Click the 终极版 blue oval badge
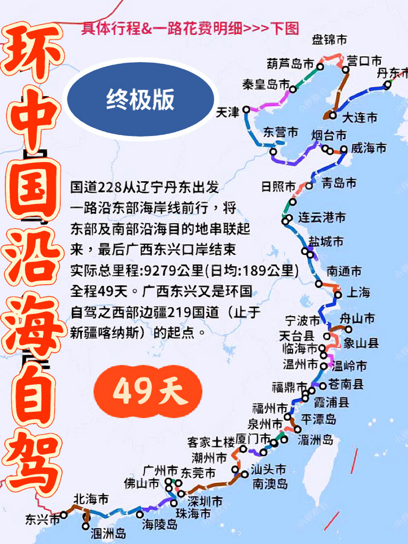pos(140,99)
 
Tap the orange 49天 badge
pos(147,391)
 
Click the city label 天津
pos(228,113)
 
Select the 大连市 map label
pos(360,117)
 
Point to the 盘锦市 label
pos(329,40)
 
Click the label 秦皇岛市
pos(266,84)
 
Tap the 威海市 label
pos(368,148)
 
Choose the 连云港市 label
pos(322,217)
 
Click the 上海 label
pos(359,292)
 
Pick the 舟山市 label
pos(357,318)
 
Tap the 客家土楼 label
pos(211,442)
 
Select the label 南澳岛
pos(270,484)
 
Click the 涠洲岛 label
pos(108,533)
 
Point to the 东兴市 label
pos(42,519)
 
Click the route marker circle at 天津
pos(246,110)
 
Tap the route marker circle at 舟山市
pos(348,329)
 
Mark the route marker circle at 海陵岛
pos(140,514)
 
